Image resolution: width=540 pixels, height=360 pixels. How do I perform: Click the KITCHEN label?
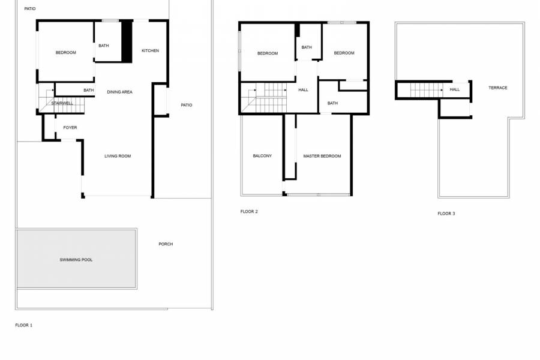coord(150,50)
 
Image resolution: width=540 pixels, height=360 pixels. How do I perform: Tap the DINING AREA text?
coord(119,92)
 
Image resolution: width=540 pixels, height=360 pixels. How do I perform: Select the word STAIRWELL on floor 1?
coord(62,103)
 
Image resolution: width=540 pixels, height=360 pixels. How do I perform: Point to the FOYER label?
coord(70,127)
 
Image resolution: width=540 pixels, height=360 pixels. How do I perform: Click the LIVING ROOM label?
coord(118,156)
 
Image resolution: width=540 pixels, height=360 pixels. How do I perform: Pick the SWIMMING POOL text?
coord(76,260)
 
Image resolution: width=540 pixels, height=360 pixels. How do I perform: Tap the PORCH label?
coord(166,244)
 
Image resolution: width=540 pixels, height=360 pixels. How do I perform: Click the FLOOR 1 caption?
coord(24,325)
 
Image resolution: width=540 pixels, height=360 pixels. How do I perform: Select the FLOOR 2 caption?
coord(249,211)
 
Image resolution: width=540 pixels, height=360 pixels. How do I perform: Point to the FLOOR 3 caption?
coord(446,214)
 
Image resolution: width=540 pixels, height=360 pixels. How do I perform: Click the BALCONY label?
coord(262,156)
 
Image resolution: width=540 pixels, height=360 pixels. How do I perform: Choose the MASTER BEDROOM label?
coord(322,156)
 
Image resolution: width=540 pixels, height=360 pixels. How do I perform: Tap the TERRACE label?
coord(497,88)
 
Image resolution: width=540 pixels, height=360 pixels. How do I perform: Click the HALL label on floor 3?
coord(455,89)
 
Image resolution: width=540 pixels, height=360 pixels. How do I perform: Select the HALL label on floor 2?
coord(303,89)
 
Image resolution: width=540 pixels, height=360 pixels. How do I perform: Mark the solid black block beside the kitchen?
coord(127,41)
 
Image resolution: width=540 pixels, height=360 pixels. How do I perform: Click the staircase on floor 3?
coord(427,90)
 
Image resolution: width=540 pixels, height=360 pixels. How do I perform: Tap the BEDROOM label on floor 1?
coord(66,53)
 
